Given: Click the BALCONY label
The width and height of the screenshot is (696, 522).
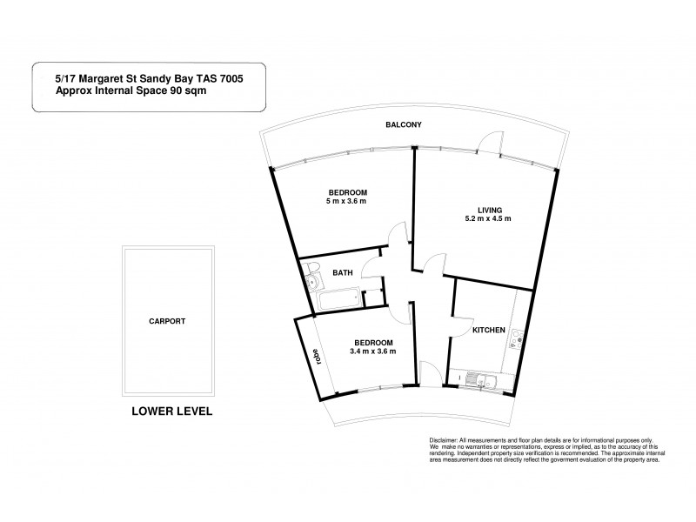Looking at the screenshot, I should point(404,125).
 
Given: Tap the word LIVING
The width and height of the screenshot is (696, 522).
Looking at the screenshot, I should point(488,208).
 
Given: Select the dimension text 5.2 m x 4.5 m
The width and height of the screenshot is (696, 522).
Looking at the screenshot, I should point(488,218).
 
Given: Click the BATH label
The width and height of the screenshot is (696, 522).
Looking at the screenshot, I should point(344,272).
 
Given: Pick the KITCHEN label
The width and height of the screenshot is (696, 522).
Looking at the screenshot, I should point(487,331).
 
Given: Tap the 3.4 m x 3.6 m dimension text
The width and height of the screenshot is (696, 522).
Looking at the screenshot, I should point(372,351).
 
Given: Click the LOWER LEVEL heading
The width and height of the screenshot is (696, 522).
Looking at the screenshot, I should point(171,410).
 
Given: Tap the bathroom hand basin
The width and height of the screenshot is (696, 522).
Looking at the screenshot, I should point(312,284).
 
